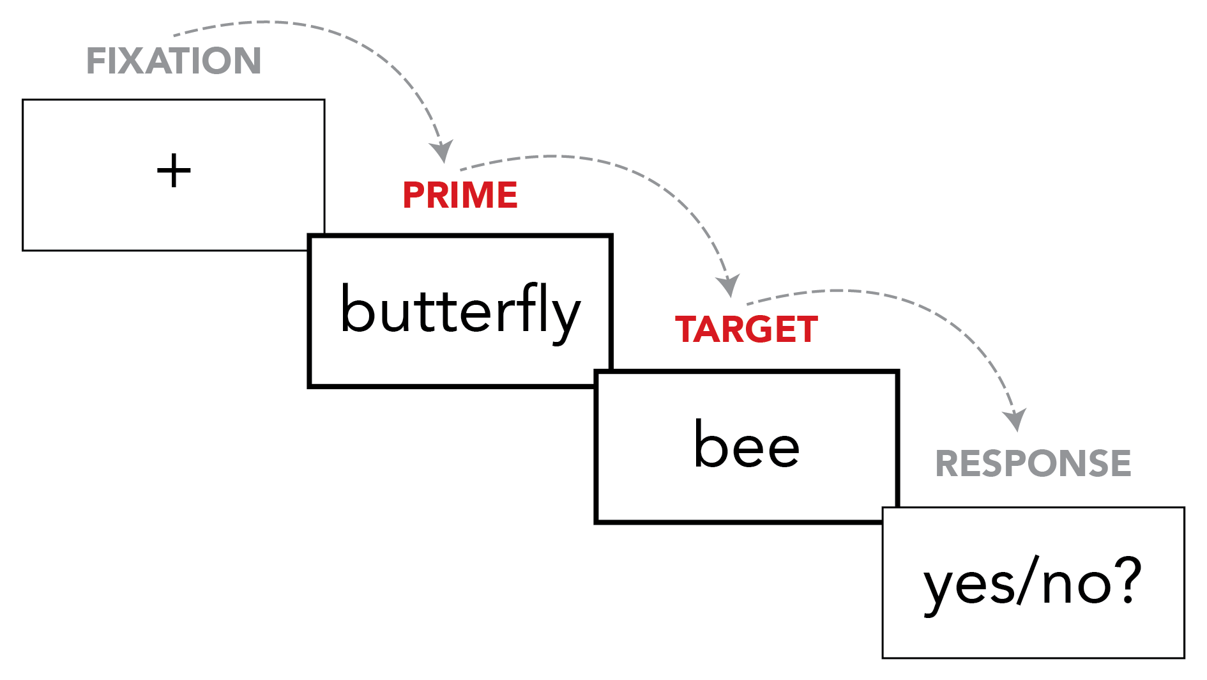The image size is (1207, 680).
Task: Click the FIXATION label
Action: click(174, 61)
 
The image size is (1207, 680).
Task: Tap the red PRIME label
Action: click(460, 195)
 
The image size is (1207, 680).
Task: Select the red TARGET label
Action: click(746, 330)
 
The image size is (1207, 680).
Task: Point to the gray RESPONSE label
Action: click(1033, 463)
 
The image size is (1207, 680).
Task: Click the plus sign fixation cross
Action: click(174, 171)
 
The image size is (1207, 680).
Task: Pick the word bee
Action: click(746, 445)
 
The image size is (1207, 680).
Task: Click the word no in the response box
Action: click(1077, 585)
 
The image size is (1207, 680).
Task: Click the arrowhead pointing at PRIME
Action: click(441, 152)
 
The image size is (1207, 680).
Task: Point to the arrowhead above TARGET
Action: click(728, 286)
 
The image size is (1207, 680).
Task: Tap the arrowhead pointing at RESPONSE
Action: click(1015, 420)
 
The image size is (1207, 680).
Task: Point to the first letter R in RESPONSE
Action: click(947, 463)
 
